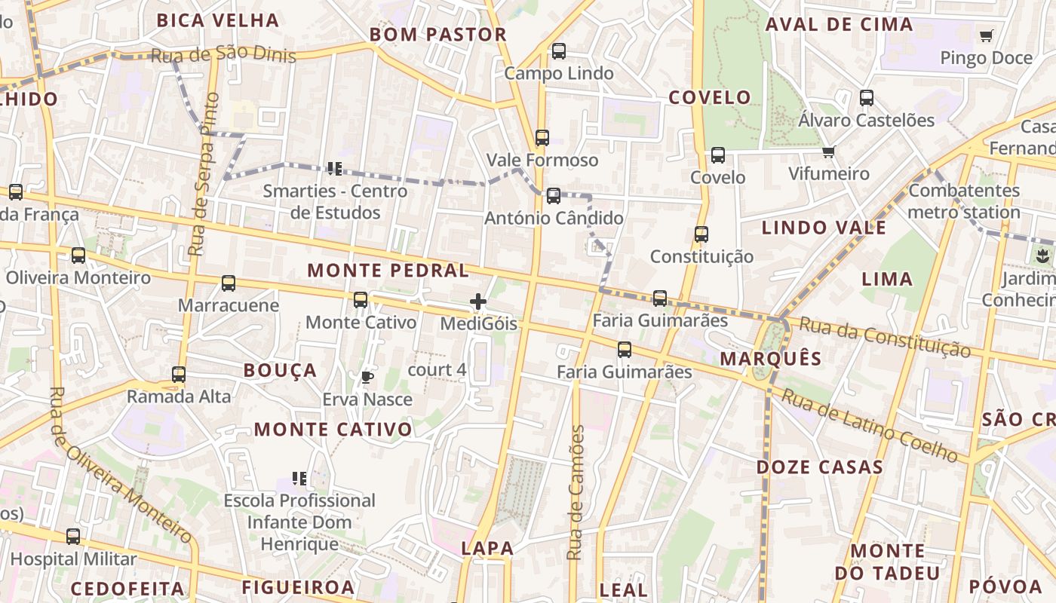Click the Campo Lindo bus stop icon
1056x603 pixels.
pos(558,51)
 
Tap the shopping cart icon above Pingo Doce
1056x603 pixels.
pos(986,35)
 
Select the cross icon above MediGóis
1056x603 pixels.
pos(478,302)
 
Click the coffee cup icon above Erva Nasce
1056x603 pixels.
pos(367,377)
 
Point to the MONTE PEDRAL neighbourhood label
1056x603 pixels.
pos(388,271)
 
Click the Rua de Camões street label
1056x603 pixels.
pos(576,493)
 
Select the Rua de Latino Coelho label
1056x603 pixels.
pos(869,425)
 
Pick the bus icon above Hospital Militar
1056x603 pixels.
pos(73,537)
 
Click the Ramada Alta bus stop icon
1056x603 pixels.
pos(179,374)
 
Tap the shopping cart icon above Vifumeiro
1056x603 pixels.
pos(829,152)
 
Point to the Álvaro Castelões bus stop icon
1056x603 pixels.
pos(867,98)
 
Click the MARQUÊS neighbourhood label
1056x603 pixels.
pos(770,359)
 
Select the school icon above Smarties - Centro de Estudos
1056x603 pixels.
pos(334,168)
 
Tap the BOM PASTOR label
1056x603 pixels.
pos(437,35)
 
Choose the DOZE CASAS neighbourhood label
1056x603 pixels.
pos(820,467)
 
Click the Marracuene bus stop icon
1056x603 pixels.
pos(229,283)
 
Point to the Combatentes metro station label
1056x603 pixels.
pos(964,201)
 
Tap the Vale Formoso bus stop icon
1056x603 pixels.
pos(542,138)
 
